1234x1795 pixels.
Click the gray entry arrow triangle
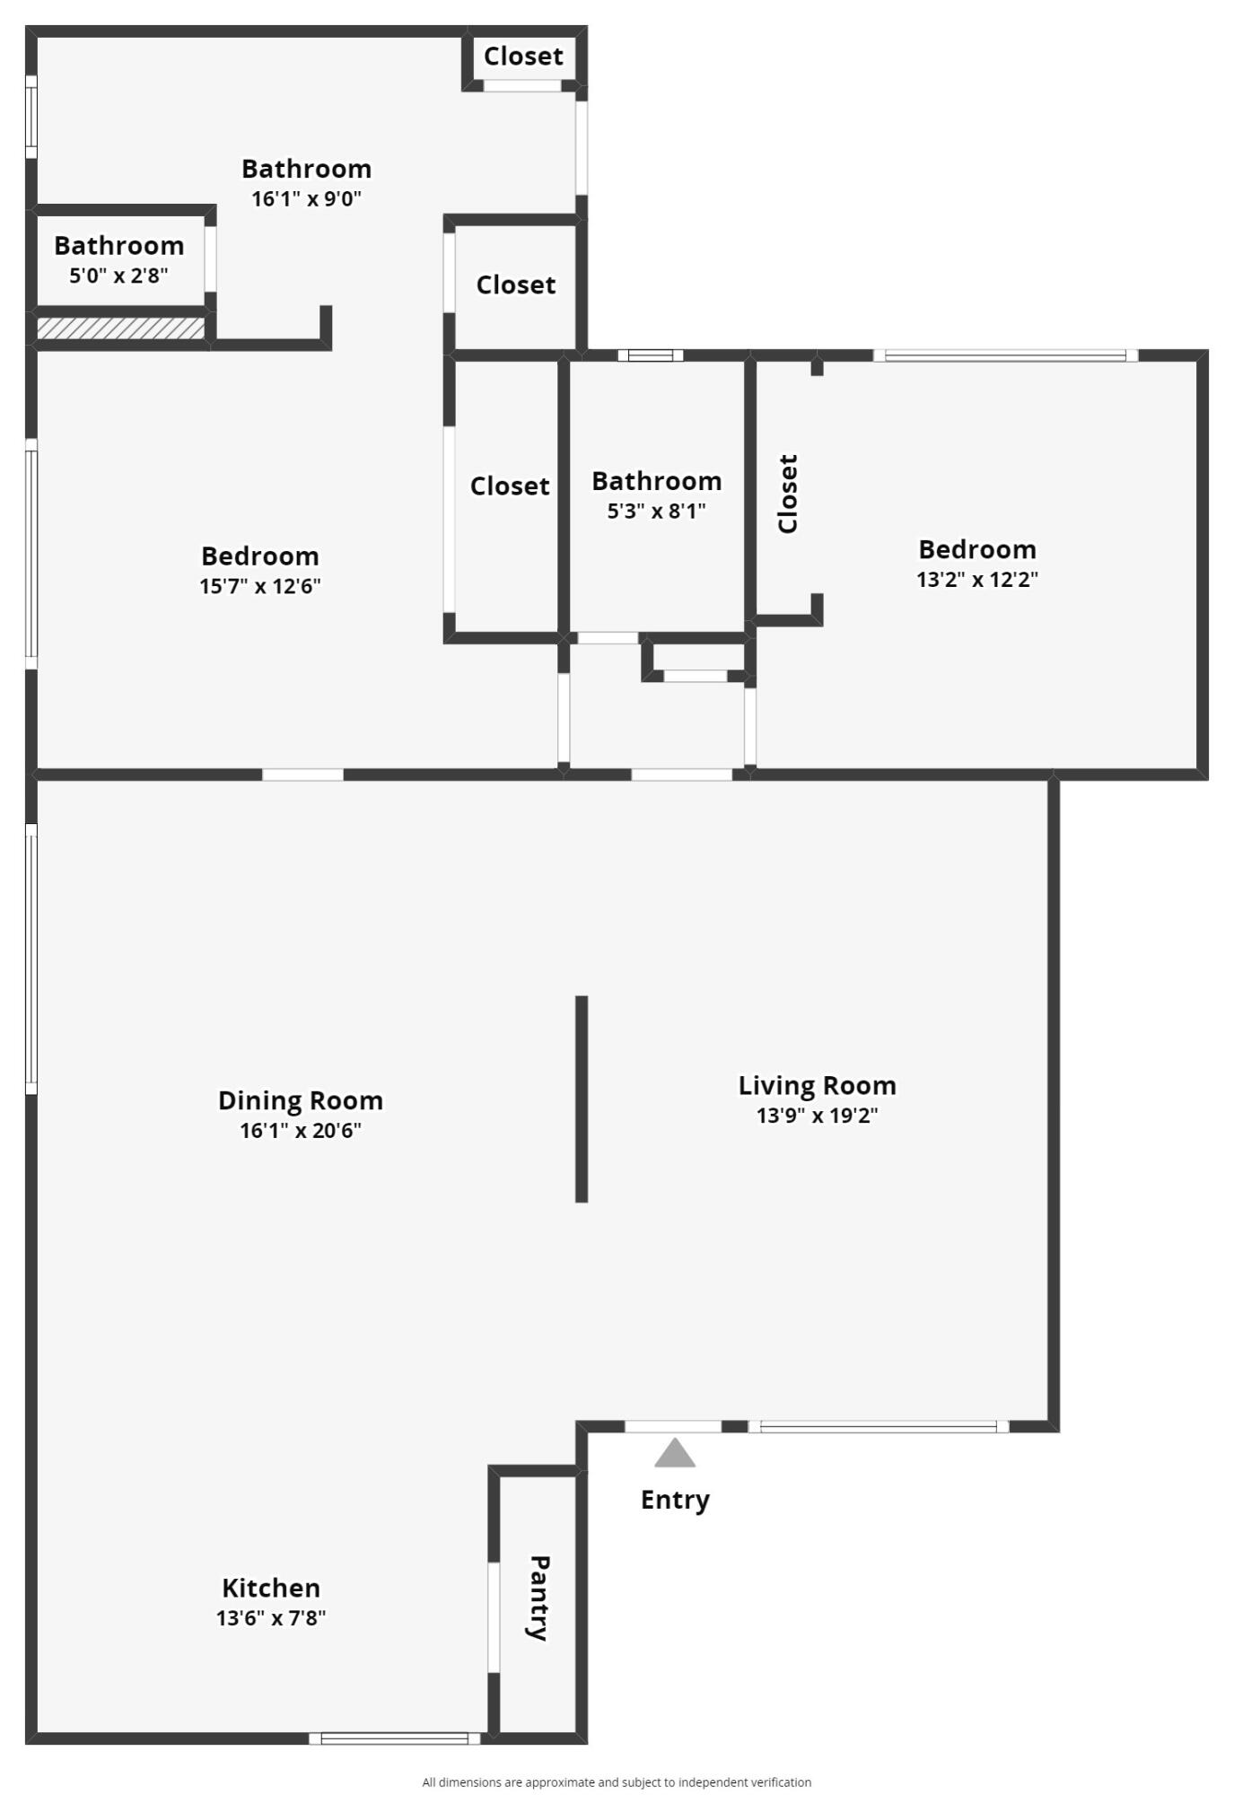[674, 1453]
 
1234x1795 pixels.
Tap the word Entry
[675, 1500]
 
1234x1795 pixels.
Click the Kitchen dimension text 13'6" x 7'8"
[270, 1618]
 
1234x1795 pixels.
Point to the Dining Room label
[300, 1100]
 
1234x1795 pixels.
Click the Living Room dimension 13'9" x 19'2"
[817, 1116]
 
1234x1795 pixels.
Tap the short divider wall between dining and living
[582, 1099]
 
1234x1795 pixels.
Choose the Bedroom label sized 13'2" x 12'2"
[976, 549]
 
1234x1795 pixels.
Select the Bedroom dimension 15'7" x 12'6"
[260, 586]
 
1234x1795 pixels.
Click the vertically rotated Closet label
[787, 494]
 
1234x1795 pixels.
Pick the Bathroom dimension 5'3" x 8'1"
[656, 512]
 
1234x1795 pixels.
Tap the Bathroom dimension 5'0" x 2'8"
[118, 276]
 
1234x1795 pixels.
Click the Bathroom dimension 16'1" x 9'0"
[306, 199]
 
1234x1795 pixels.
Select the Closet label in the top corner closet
[523, 57]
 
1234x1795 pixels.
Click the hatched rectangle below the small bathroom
[120, 328]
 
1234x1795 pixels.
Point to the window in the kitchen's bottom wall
[394, 1738]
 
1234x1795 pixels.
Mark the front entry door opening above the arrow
[673, 1426]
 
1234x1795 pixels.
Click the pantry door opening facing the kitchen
[494, 1616]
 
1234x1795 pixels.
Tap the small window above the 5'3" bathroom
[650, 355]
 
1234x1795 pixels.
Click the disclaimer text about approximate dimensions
[617, 1782]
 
